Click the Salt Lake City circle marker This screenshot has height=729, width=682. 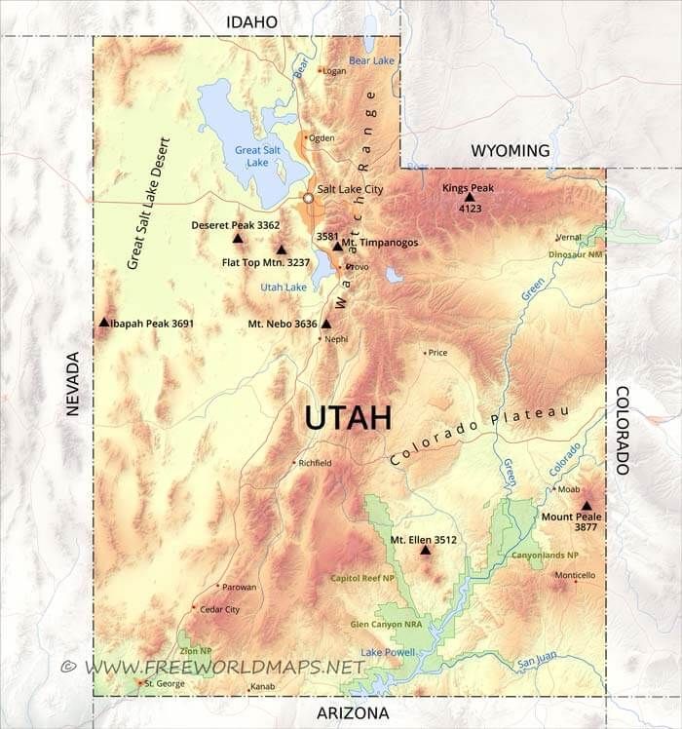click(309, 198)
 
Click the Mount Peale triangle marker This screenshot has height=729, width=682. click(586, 506)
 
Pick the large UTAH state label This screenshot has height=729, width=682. click(348, 417)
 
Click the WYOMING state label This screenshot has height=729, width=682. click(511, 150)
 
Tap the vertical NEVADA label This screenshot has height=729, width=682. click(72, 384)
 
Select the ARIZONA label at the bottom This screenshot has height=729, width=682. click(354, 713)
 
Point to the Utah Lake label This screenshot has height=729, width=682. click(284, 288)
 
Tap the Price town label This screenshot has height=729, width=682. click(437, 353)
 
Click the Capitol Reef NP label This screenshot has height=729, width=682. click(362, 578)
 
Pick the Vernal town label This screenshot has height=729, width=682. click(568, 237)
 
